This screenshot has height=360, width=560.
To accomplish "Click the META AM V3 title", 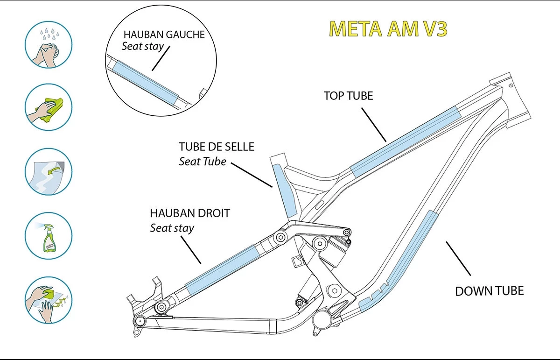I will tap(388, 29).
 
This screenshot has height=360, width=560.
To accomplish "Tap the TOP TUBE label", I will tap(348, 96).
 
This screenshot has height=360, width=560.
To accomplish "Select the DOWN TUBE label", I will tap(489, 291).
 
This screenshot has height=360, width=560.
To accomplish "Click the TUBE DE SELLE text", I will tap(216, 147).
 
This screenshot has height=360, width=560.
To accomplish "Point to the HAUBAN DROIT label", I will tap(190, 213).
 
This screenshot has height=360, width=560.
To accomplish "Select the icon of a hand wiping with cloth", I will tap(48, 107).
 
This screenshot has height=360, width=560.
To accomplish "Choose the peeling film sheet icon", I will tap(48, 171).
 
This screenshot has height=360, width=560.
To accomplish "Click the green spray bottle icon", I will tap(48, 235).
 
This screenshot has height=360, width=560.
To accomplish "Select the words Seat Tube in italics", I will tap(203, 162).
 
